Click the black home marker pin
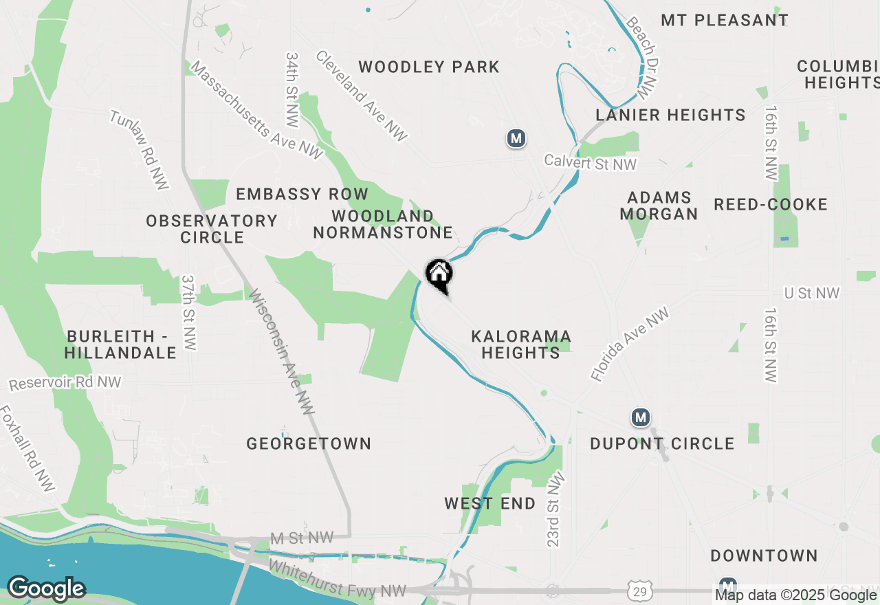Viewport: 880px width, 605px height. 439,275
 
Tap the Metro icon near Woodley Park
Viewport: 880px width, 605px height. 516,139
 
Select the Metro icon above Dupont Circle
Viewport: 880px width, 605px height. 641,417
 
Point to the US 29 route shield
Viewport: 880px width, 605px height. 640,591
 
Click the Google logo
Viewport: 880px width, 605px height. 46,588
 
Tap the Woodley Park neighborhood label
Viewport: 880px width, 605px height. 429,67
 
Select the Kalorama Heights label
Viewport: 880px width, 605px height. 520,344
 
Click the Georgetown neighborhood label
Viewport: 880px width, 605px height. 309,443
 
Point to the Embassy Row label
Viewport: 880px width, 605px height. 302,195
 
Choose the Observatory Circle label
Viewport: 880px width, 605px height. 212,229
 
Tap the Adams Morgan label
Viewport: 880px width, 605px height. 658,206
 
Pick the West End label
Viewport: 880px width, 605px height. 489,503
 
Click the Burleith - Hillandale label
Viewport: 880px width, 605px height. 121,344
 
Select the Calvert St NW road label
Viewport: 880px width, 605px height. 590,163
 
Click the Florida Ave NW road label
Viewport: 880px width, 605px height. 630,344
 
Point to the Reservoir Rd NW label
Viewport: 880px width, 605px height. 65,382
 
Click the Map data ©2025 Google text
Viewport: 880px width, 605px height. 795,595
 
